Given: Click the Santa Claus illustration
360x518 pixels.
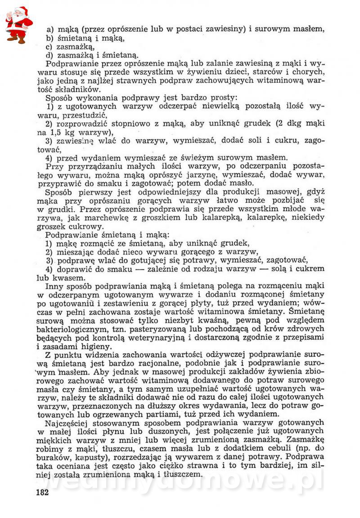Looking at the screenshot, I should tap(18, 25).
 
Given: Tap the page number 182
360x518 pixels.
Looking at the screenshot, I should tap(41, 492).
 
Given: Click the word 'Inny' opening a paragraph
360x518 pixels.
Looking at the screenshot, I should tap(55, 287).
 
